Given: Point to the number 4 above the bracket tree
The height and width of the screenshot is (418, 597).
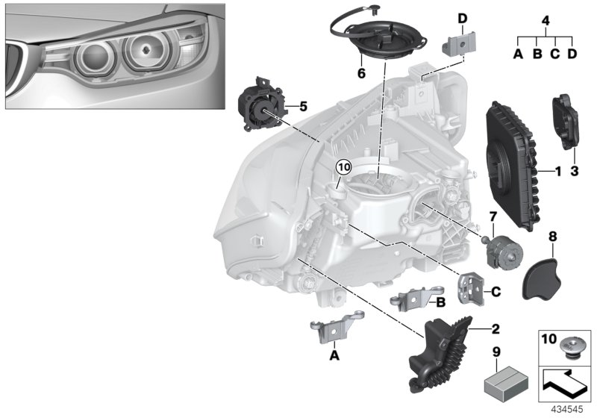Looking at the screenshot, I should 546,20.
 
